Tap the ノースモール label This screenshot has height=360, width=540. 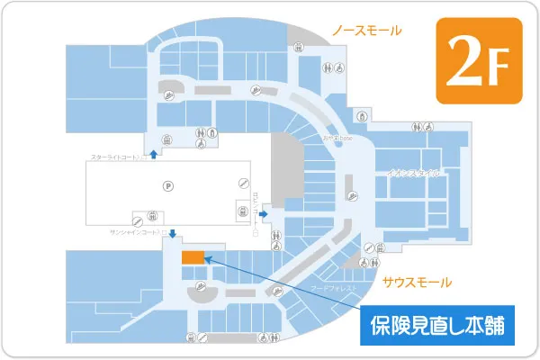point(366,31)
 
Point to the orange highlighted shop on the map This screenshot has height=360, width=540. point(193,256)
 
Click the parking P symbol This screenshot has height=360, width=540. point(166,186)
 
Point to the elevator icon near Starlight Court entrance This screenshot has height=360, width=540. point(166,139)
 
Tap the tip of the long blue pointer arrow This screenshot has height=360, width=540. point(208,259)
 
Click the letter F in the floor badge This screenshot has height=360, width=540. point(499,65)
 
